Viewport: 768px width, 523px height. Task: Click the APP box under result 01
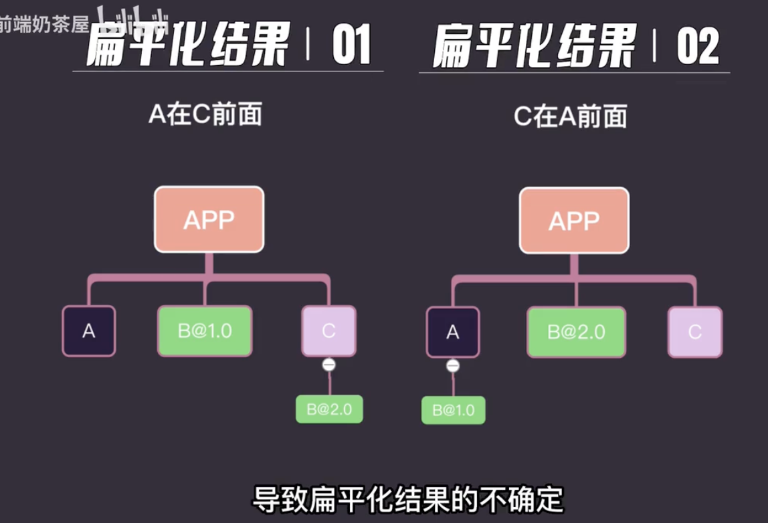tap(209, 220)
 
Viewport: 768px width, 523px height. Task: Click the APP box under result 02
tap(574, 221)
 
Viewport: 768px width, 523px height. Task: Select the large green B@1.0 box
tap(205, 331)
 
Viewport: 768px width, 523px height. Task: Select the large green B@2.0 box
tap(576, 332)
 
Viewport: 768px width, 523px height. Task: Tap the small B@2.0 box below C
tap(329, 409)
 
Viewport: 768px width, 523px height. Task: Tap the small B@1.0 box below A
tap(453, 410)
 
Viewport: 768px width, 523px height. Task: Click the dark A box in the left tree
tap(89, 331)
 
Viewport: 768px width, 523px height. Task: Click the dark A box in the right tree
tap(453, 332)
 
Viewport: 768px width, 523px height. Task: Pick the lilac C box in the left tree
tap(328, 331)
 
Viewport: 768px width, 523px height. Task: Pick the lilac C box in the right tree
tap(694, 332)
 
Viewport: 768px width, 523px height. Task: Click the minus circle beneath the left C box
tap(328, 365)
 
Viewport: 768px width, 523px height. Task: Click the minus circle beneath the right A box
tap(453, 366)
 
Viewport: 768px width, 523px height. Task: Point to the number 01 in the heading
tap(351, 46)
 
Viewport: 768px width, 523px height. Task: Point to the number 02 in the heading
tap(697, 47)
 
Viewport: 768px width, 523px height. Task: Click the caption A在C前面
tap(205, 115)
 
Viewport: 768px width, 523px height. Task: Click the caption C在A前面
tap(570, 117)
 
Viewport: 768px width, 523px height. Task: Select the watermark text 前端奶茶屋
tap(44, 25)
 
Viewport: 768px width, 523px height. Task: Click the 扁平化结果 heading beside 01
tap(187, 46)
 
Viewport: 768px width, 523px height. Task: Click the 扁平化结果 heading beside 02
tap(533, 47)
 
